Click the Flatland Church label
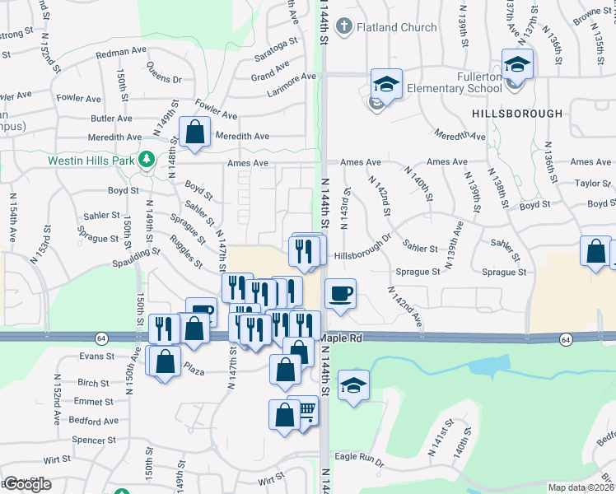point(397,27)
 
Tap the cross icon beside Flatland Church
point(344,26)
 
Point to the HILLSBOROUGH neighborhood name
point(517,113)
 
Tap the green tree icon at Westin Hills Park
point(147,158)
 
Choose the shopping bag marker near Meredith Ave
point(194,133)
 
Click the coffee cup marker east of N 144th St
point(339,294)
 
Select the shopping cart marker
point(305,409)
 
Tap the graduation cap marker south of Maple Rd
point(352,385)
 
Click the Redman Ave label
point(120,51)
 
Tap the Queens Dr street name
point(164,73)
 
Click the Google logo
point(27,484)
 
